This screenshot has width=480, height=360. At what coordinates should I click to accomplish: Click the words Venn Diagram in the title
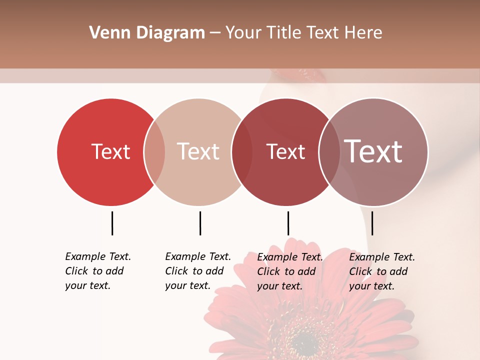coord(147,33)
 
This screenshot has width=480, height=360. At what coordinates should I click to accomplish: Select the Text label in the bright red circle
coord(110,151)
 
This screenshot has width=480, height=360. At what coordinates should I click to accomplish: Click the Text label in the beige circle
coord(198,151)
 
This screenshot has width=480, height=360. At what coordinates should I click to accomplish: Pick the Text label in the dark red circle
coord(285,151)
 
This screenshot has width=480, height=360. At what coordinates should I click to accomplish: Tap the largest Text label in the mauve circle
coord(373,151)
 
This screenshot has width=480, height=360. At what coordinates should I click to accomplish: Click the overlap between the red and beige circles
coord(154,152)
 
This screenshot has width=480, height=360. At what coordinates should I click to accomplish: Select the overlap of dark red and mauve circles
coord(329,152)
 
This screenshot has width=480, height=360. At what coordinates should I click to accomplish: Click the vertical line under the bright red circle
coord(112,223)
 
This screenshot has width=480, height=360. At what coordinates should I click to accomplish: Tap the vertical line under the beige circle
coord(200,223)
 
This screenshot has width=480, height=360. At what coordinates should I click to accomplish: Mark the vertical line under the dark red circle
coord(288,223)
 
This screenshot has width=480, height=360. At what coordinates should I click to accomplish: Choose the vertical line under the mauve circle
coord(372,223)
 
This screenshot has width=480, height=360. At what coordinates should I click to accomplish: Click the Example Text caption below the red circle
coord(97,271)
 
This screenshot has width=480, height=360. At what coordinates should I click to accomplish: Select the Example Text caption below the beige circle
coord(197,271)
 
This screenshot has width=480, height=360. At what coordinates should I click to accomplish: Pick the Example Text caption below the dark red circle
coord(289,271)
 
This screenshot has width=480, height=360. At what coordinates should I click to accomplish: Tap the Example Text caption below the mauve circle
coord(381,271)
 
